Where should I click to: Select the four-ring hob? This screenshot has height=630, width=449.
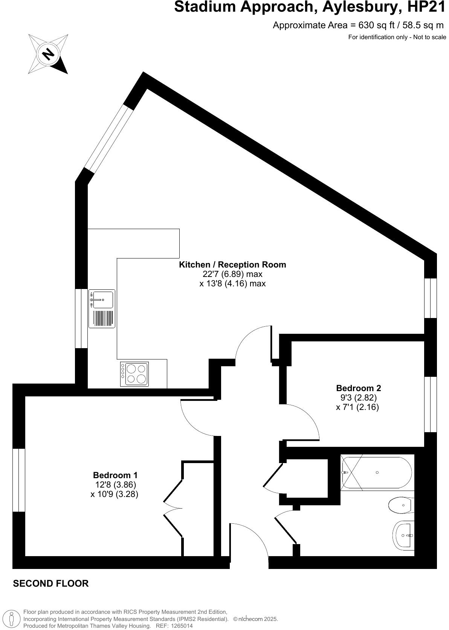pos(134,374)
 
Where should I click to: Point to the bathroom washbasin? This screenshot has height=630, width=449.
pos(404,535)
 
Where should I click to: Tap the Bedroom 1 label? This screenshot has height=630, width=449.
pos(115,475)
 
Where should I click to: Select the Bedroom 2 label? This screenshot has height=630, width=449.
pos(358,388)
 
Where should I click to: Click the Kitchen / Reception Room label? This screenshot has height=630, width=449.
pos(232,265)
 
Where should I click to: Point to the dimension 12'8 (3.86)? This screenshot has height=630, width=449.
pos(116,484)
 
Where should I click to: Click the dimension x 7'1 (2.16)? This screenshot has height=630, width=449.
pos(357,407)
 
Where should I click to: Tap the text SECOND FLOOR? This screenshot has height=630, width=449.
pos(51,583)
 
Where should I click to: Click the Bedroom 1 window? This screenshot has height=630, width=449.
pos(19,480)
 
